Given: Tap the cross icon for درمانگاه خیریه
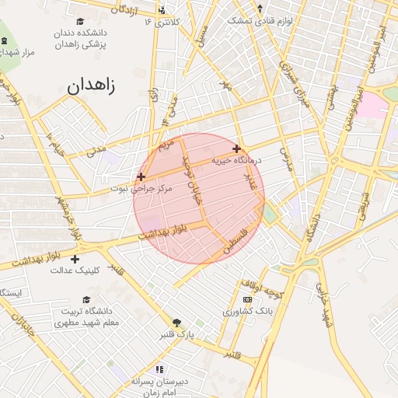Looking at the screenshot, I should click(x=236, y=148).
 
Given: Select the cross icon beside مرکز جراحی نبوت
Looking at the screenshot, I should click(x=141, y=176).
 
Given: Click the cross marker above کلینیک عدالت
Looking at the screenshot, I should click(x=75, y=259).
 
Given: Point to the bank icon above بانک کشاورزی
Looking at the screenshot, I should click(x=247, y=299).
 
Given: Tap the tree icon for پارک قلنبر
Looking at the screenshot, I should click(x=176, y=323).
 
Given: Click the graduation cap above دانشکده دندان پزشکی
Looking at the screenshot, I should click(x=81, y=22).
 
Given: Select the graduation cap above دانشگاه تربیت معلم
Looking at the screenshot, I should click(x=86, y=300).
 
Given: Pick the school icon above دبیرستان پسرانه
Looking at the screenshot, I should click(x=159, y=369).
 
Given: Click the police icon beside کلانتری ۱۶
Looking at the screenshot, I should click(x=162, y=10).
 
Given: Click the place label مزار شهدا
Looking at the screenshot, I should click(x=17, y=51).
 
